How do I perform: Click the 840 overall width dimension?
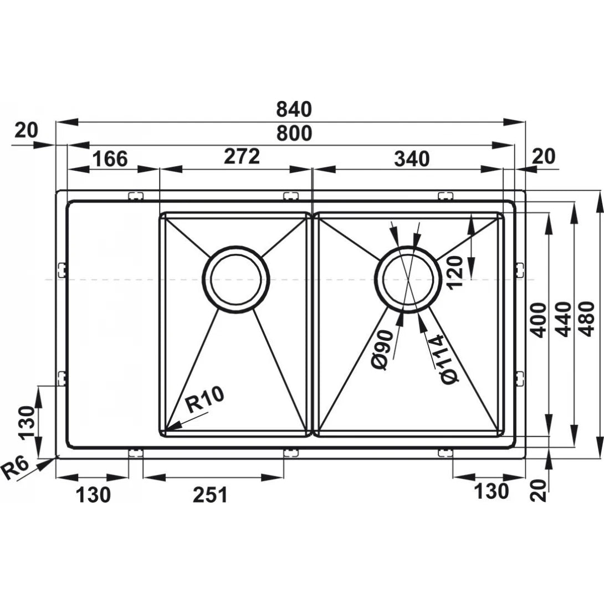click(x=294, y=109)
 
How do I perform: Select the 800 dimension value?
click(x=294, y=134)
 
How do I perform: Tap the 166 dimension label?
click(x=110, y=158)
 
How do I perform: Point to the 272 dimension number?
click(x=242, y=156)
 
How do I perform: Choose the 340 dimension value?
click(x=411, y=158)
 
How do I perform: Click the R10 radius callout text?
click(x=204, y=400)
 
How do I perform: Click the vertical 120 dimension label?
click(x=454, y=272)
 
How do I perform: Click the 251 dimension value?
click(x=210, y=495)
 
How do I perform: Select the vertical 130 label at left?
click(x=28, y=423)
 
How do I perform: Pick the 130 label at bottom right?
click(x=491, y=492)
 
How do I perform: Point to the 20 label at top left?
click(x=27, y=130)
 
